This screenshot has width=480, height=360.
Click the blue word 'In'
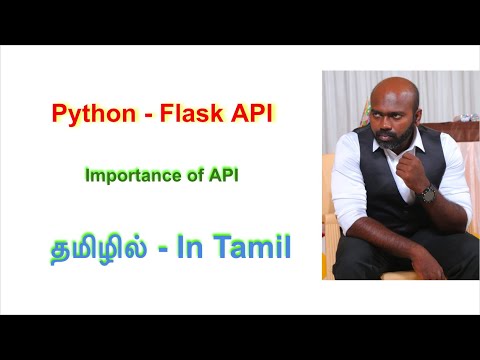pyautogui.click(x=213, y=247)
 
